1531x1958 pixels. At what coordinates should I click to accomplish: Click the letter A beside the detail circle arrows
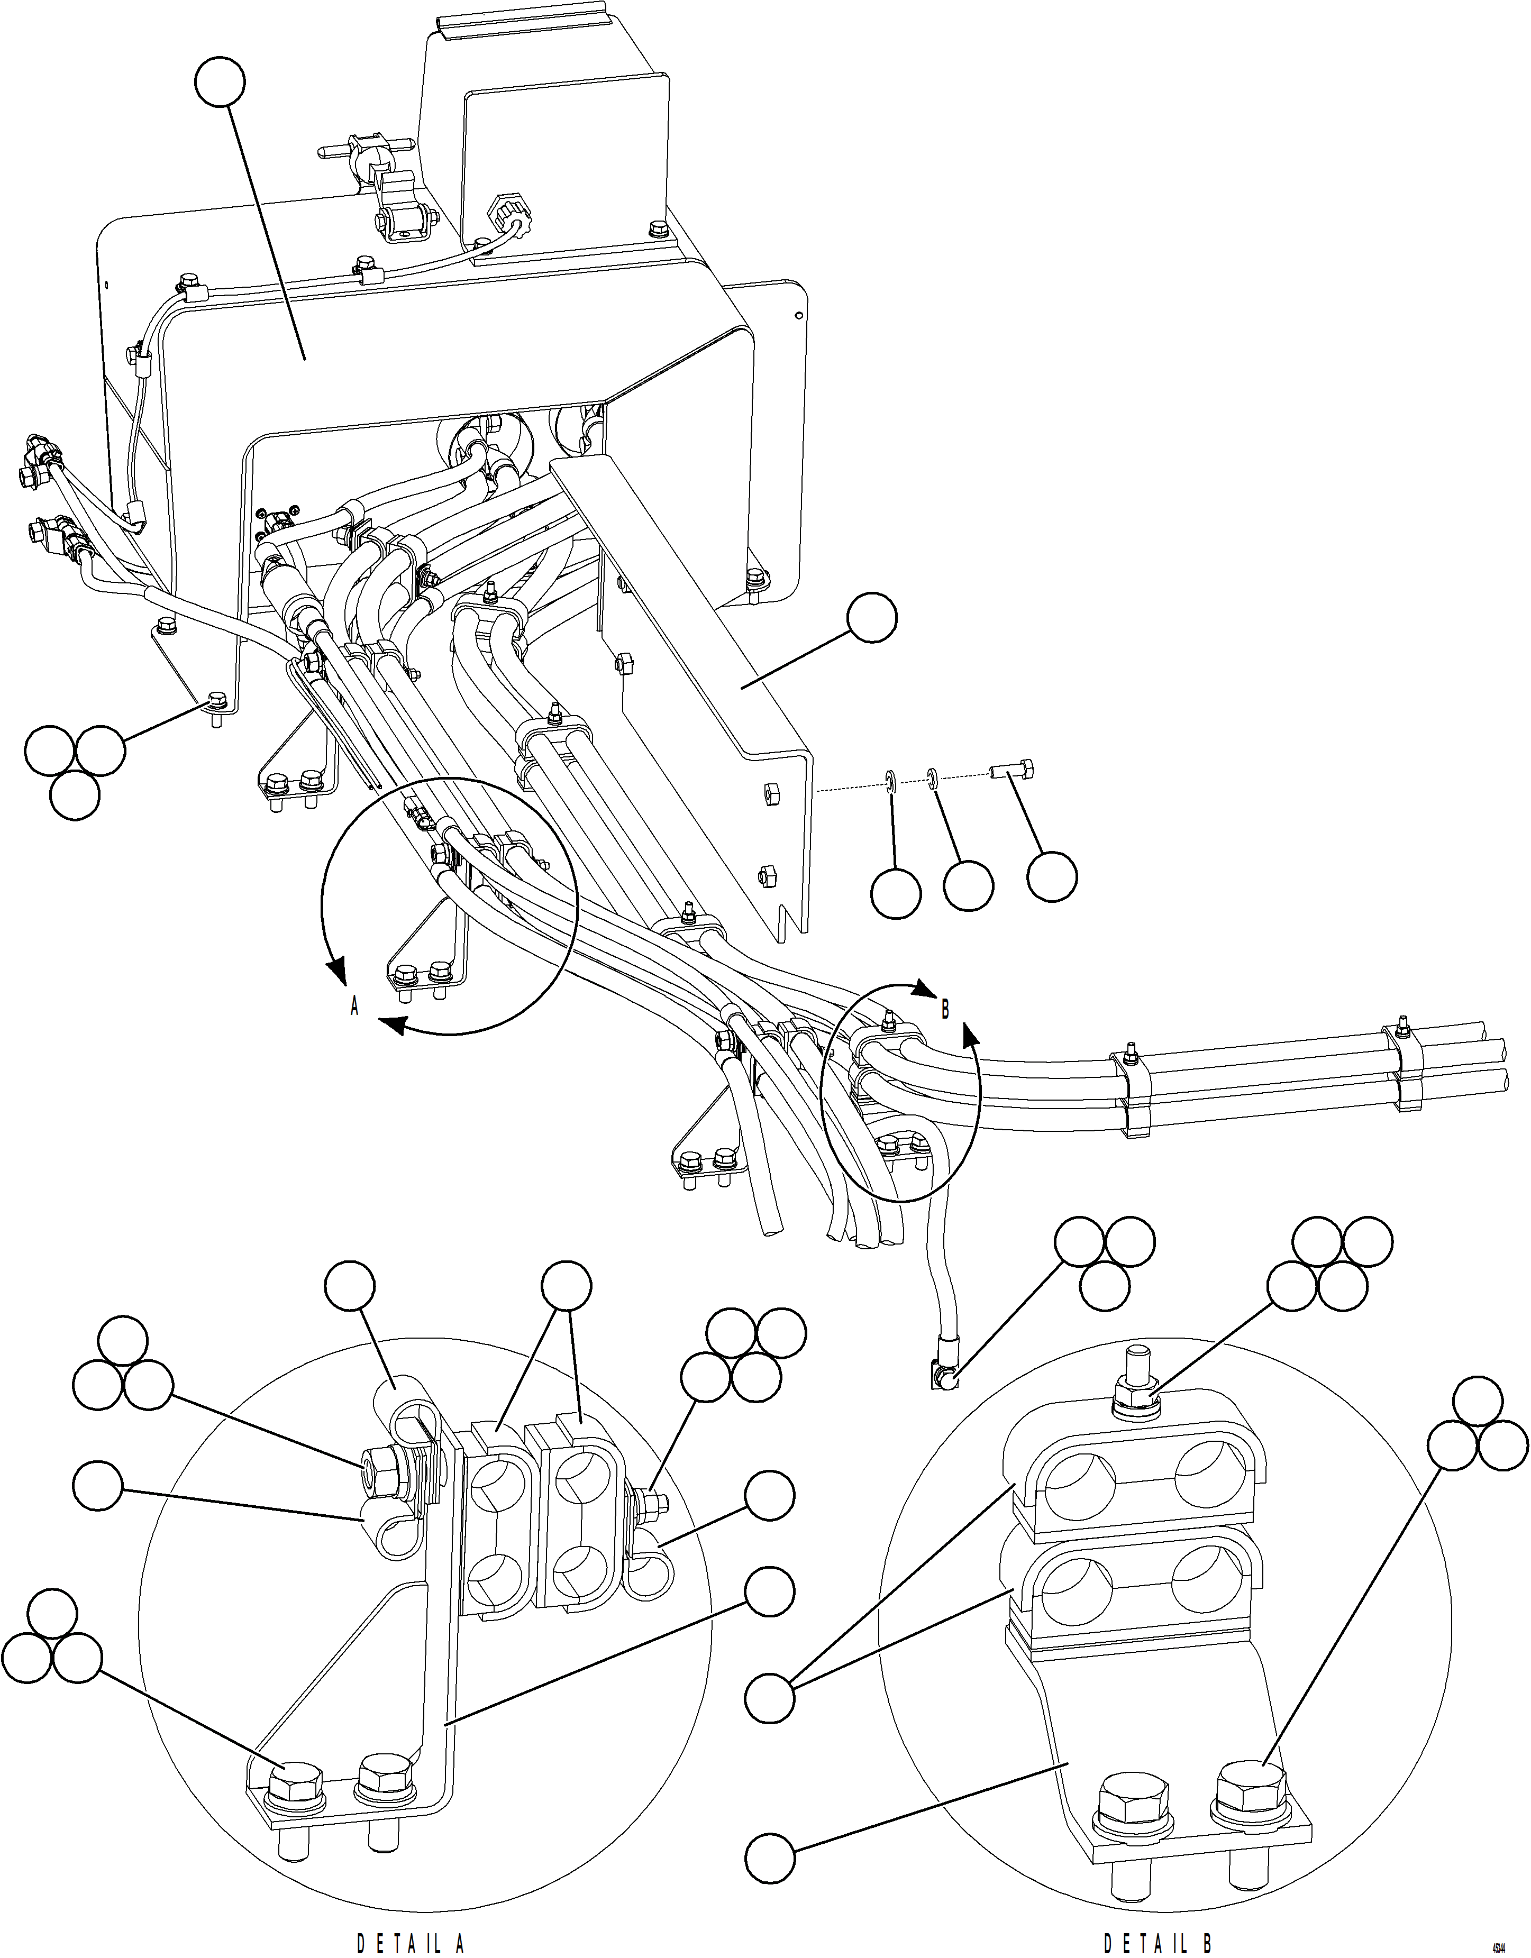(355, 1008)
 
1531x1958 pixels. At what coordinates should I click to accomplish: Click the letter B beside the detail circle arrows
(944, 1010)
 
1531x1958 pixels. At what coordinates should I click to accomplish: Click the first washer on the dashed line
(891, 782)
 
